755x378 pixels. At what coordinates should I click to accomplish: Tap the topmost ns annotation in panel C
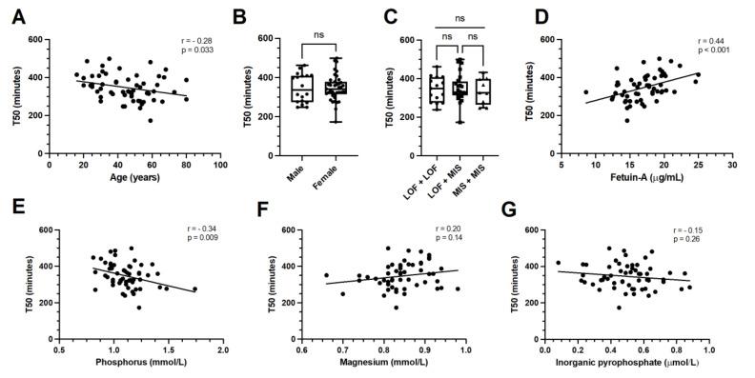pyautogui.click(x=459, y=19)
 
